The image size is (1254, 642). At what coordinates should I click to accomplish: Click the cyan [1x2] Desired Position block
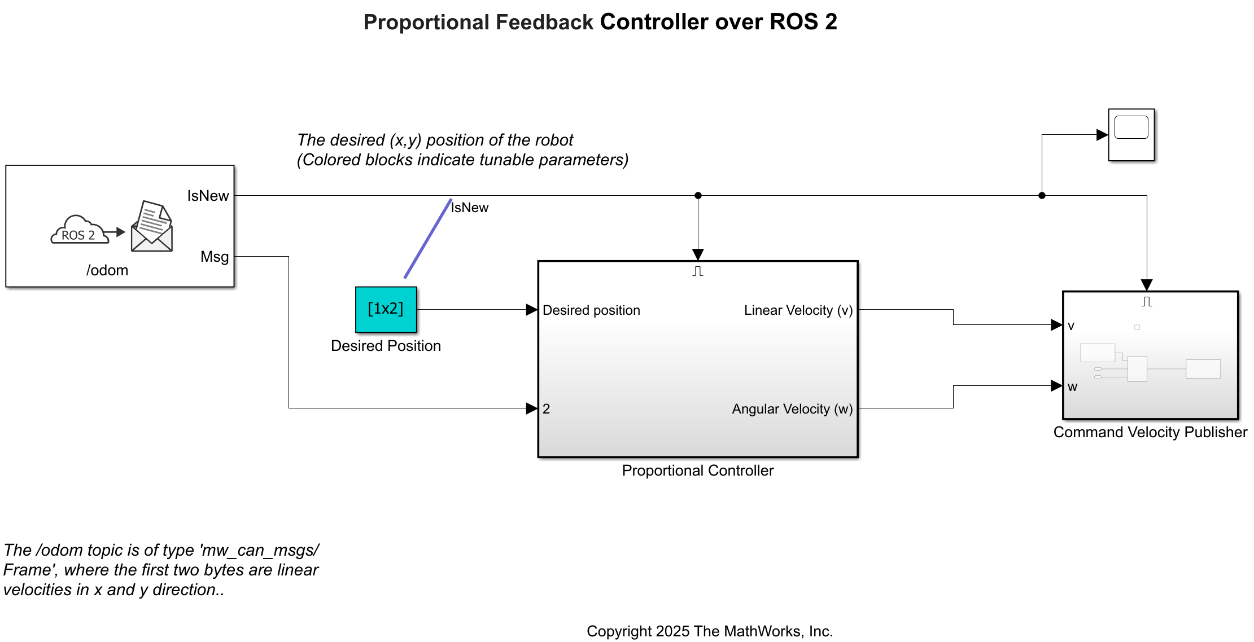pos(386,309)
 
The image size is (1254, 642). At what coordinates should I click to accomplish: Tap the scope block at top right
pos(1131,135)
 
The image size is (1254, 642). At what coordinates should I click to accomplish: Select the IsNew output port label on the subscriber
pos(208,196)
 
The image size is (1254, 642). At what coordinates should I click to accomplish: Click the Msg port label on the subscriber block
pos(215,257)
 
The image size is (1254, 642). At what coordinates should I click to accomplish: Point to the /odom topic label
pos(107,270)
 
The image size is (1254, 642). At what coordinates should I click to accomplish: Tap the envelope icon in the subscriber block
pos(152,227)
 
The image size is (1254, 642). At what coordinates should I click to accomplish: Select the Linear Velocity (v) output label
pos(798,310)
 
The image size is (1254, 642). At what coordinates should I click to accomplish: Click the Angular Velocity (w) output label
pos(792,409)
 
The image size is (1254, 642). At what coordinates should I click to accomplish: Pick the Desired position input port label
pos(591,310)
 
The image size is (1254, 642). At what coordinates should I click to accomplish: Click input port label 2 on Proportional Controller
pos(546,409)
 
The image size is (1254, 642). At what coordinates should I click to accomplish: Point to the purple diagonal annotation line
pos(428,239)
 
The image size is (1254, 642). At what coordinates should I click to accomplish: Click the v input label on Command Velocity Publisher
pos(1071,326)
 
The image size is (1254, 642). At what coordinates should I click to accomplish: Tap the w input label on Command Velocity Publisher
pos(1072,387)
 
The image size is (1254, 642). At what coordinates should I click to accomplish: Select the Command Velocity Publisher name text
pos(1150,432)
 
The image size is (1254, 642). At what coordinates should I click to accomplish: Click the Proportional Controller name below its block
pos(697,470)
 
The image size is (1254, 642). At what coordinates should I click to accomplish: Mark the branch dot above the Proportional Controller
pos(698,196)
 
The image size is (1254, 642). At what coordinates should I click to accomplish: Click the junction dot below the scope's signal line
pos(1042,196)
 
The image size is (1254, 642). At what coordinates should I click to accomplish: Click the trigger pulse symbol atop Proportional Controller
pos(698,271)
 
